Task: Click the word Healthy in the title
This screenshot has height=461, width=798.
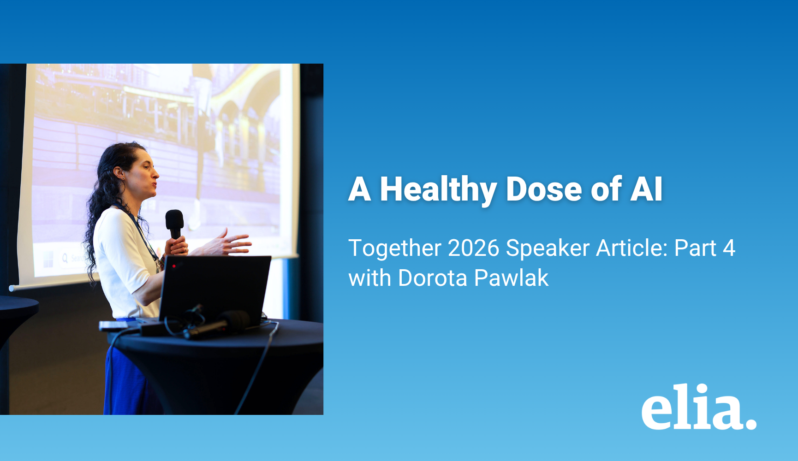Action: (x=438, y=189)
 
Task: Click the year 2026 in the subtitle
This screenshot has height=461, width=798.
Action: (x=474, y=248)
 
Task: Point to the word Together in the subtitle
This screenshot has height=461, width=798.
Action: (x=395, y=249)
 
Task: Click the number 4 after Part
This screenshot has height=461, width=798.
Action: (x=729, y=248)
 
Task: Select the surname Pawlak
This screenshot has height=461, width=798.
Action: (x=512, y=278)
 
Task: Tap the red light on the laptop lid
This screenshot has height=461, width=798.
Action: (x=174, y=266)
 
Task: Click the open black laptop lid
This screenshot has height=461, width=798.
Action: (x=214, y=288)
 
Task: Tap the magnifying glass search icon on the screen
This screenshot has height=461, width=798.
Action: (x=65, y=258)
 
